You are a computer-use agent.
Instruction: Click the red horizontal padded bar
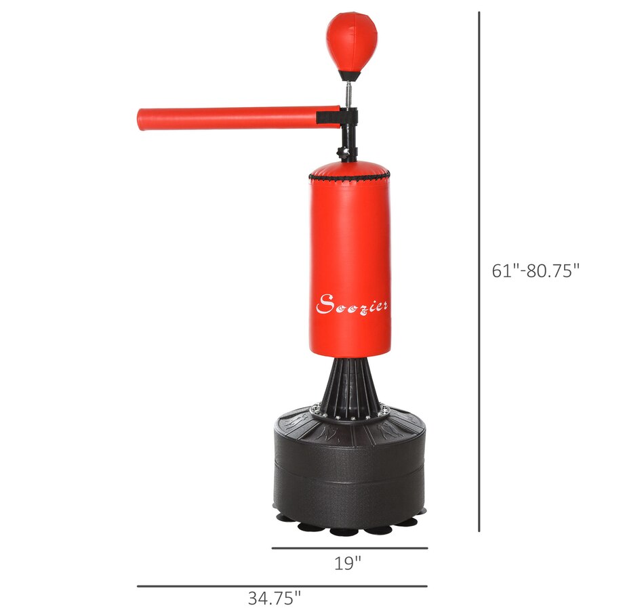click(x=239, y=119)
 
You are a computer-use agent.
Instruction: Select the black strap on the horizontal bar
click(x=328, y=117)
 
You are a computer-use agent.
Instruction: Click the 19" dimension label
click(x=348, y=563)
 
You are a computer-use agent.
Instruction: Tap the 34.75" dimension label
click(x=275, y=598)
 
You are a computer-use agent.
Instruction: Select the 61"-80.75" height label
click(x=536, y=270)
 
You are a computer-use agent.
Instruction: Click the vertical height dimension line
click(x=479, y=272)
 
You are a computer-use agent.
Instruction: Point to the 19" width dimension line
click(x=350, y=548)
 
